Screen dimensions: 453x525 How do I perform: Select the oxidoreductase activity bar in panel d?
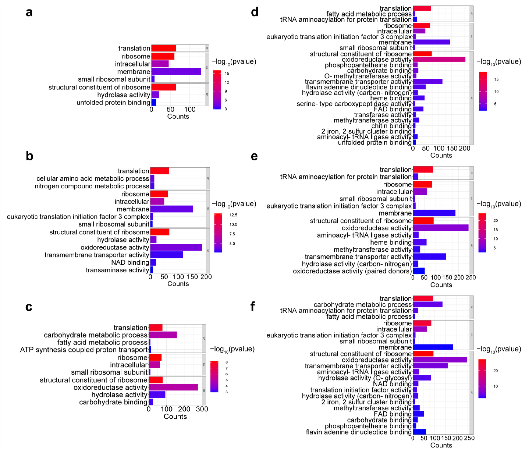click(x=439, y=59)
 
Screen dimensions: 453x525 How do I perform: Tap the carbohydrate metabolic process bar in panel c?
click(x=162, y=335)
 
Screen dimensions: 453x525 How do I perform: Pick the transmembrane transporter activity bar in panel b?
click(x=166, y=255)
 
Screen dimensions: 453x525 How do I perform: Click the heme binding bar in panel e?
click(x=420, y=242)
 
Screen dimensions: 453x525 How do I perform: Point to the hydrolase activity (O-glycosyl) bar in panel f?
click(x=422, y=378)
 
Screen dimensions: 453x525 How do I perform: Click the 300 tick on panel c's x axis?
click(x=202, y=409)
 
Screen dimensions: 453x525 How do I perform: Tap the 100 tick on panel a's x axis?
click(x=190, y=109)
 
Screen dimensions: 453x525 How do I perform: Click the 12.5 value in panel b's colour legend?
click(x=233, y=215)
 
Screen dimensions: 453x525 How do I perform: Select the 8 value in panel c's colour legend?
click(x=226, y=362)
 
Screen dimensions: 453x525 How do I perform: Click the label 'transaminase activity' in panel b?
click(x=117, y=270)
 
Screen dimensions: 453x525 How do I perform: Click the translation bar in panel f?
click(x=423, y=298)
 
